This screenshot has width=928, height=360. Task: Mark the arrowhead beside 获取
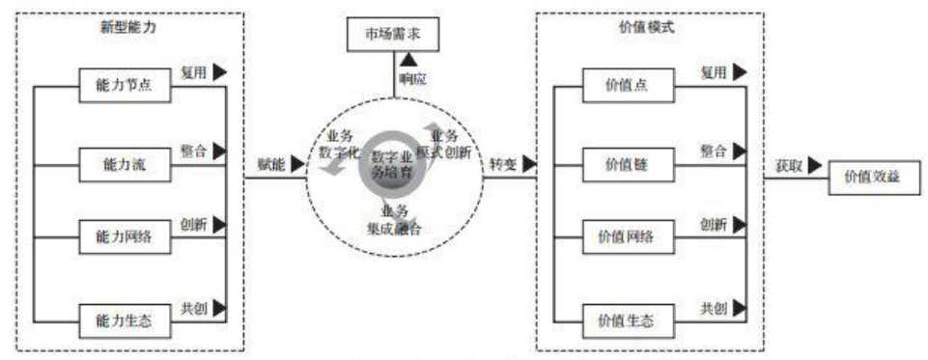816,166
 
